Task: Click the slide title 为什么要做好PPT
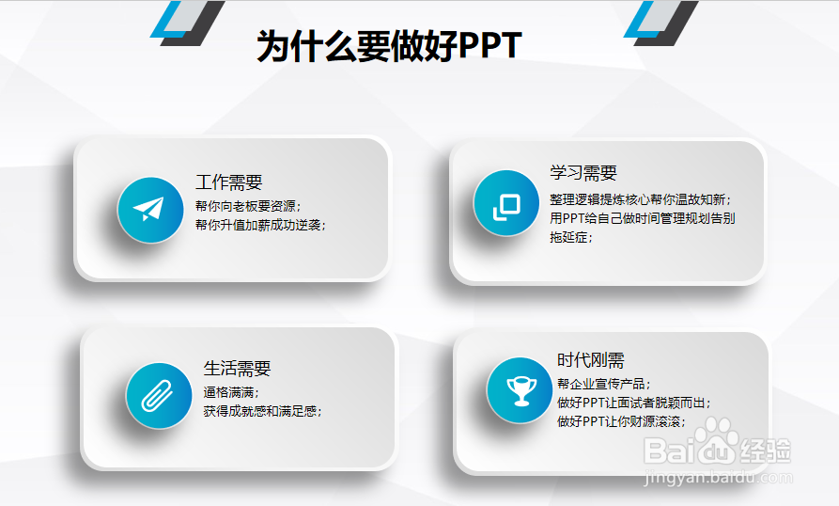[x=389, y=46]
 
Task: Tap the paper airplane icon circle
[x=150, y=210]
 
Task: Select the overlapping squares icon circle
[x=506, y=203]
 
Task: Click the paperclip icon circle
[x=159, y=396]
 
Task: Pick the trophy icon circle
[x=520, y=390]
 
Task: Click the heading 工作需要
[x=229, y=182]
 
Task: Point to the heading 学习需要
[x=583, y=173]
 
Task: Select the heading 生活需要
[x=237, y=369]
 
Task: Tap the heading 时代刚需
[x=591, y=360]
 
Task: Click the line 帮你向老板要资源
[x=248, y=206]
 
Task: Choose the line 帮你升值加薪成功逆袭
[x=260, y=225]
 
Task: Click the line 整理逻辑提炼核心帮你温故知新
[x=640, y=199]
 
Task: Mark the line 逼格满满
[x=230, y=392]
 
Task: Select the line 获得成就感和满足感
[x=262, y=411]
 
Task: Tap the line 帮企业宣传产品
[x=603, y=384]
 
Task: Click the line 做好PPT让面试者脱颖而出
[x=633, y=403]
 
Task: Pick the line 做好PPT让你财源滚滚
[x=621, y=421]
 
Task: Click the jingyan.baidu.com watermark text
[x=719, y=477]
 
